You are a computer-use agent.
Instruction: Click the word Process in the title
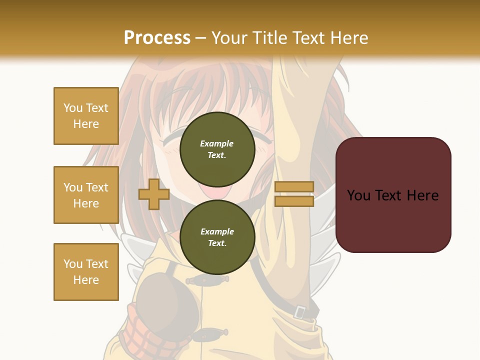[x=157, y=37]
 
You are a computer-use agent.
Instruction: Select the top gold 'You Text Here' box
[x=86, y=116]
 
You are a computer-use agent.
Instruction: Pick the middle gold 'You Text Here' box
[x=86, y=195]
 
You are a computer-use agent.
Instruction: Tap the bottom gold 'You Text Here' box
[x=86, y=272]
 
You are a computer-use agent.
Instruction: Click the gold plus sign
[x=154, y=194]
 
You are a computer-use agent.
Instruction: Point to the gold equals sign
[x=294, y=194]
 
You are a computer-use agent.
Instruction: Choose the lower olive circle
[x=217, y=237]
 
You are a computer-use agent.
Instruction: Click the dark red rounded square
[x=393, y=195]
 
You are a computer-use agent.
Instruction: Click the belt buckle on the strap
[x=299, y=312]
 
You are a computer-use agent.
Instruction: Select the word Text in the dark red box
[x=392, y=195]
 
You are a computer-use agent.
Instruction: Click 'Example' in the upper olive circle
[x=217, y=143]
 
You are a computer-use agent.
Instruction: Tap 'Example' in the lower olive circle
[x=217, y=231]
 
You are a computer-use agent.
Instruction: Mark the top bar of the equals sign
[x=294, y=187]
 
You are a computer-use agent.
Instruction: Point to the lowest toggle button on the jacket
[x=210, y=332]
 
